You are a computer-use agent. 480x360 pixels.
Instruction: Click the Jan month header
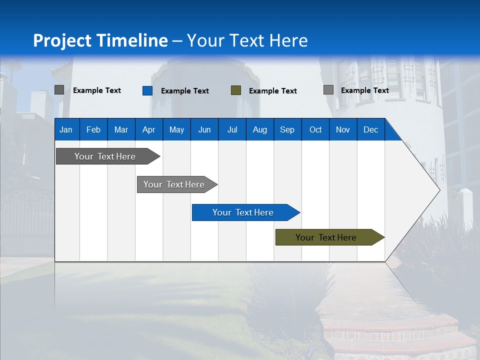[x=66, y=130]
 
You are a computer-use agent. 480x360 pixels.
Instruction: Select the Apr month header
[x=148, y=130]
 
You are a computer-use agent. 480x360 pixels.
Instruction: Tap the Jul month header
[x=232, y=130]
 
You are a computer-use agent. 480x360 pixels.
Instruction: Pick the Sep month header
[x=287, y=130]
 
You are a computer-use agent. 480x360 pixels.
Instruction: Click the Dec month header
[x=370, y=130]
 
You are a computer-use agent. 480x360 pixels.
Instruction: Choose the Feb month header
[x=93, y=130]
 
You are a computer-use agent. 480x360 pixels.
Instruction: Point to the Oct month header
[x=315, y=130]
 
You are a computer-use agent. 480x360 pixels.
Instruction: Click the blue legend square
[x=147, y=90]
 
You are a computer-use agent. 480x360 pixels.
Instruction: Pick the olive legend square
[x=236, y=90]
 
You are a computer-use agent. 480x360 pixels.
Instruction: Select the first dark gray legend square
[x=59, y=90]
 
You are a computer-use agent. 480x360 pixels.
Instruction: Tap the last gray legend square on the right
[x=328, y=90]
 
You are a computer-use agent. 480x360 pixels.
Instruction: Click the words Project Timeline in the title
[x=100, y=40]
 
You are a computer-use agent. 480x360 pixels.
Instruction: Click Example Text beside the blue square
[x=184, y=91]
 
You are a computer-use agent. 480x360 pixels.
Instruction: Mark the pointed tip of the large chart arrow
[x=439, y=189]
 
